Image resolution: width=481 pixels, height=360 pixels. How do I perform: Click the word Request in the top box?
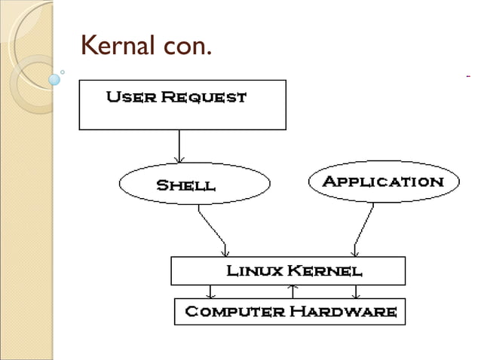click(203, 98)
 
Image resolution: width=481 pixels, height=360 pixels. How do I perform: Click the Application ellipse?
click(384, 182)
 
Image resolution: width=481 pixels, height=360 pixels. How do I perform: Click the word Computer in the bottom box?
click(233, 311)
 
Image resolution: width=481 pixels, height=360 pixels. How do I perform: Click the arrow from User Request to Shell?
click(179, 146)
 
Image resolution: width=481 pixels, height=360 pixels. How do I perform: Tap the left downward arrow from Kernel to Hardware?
click(212, 292)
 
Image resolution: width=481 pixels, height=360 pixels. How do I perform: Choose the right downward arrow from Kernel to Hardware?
click(357, 292)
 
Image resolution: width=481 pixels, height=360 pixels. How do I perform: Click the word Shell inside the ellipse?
click(185, 185)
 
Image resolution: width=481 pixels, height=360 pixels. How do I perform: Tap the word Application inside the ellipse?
click(384, 182)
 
